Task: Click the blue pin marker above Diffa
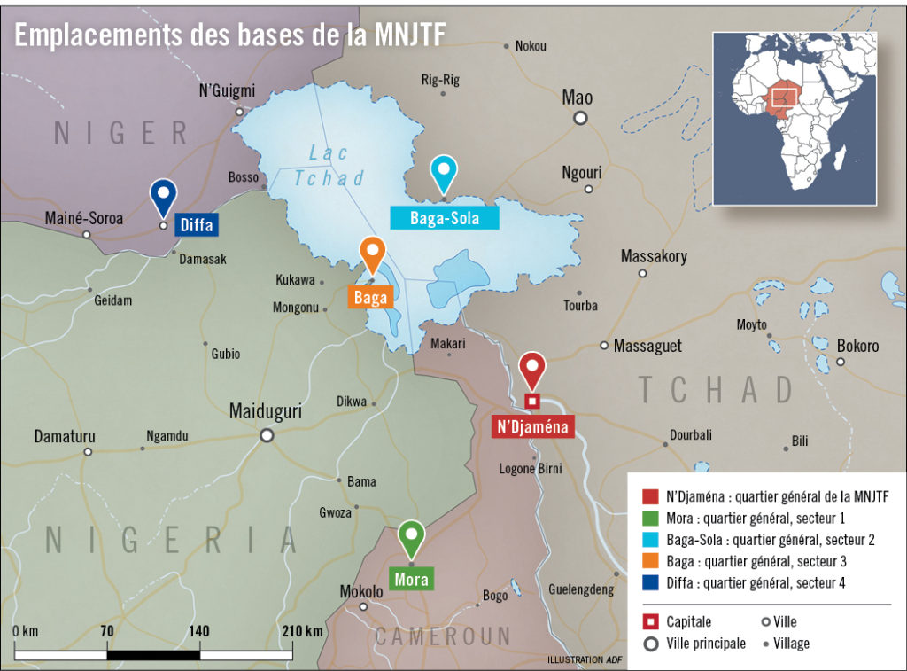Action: (x=163, y=195)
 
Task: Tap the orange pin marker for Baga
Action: (x=372, y=254)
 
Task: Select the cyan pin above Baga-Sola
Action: (x=443, y=171)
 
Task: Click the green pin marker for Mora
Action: (x=410, y=537)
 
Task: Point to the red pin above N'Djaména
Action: (x=531, y=368)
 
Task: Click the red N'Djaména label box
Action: (x=533, y=427)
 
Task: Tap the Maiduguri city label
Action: (x=265, y=411)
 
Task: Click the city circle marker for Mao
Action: (x=580, y=118)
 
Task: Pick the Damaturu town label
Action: (x=65, y=436)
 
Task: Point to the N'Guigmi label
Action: (x=227, y=90)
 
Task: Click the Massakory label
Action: (x=654, y=256)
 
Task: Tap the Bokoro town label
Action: (x=857, y=345)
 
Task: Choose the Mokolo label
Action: (x=361, y=591)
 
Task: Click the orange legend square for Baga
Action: (x=647, y=561)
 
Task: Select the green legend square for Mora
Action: (x=647, y=518)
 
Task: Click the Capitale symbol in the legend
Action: (x=648, y=621)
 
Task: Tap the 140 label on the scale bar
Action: (x=199, y=631)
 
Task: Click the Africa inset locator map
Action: (x=795, y=118)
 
